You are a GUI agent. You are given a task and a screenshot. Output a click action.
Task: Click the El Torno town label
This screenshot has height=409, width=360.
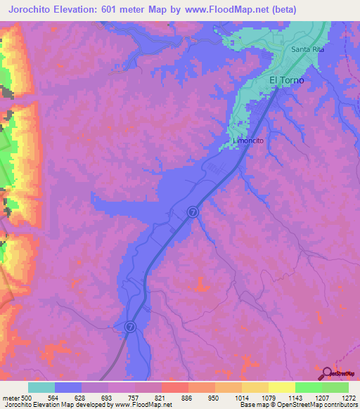click(x=287, y=81)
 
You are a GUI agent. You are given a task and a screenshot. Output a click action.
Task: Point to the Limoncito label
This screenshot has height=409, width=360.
click(x=250, y=141)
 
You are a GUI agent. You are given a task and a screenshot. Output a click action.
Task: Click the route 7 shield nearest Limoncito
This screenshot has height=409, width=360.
click(x=193, y=212)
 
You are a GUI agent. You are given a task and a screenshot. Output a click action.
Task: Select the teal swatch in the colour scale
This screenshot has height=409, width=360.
click(x=41, y=387)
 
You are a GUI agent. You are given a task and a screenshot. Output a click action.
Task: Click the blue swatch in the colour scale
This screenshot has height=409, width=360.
click(x=68, y=387)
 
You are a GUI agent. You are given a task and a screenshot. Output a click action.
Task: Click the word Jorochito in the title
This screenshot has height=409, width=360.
click(x=35, y=10)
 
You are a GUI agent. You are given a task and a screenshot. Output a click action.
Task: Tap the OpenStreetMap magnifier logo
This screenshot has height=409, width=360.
click(x=326, y=373)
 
